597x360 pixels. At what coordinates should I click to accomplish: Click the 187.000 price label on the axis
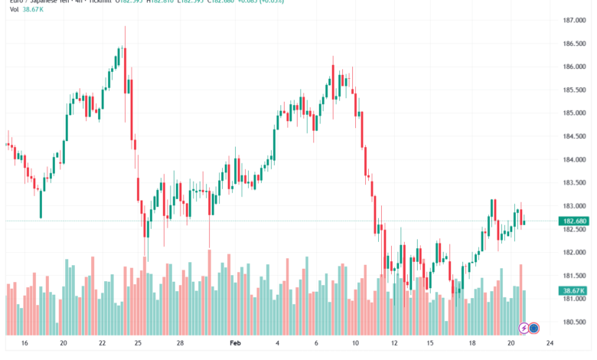575,20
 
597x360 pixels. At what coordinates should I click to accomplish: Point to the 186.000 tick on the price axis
575,67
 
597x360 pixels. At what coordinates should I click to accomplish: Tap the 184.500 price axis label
575,136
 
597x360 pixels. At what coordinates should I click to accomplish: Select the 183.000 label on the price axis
575,206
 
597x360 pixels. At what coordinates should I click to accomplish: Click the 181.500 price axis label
575,276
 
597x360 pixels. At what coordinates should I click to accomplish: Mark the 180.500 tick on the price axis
575,322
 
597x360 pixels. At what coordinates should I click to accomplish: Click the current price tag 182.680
574,221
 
